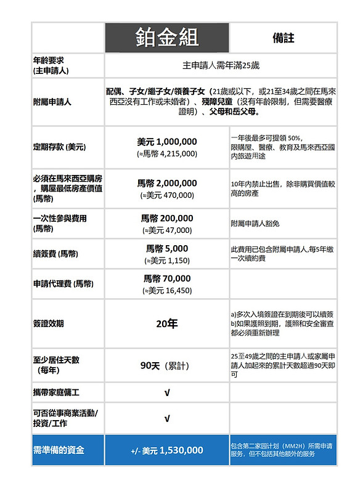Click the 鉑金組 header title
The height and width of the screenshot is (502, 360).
[167, 38]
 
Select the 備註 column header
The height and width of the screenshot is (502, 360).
[283, 38]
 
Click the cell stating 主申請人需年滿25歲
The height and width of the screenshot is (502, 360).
[221, 65]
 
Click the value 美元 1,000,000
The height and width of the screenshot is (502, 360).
[167, 142]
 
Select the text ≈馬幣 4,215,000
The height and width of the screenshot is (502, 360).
[167, 154]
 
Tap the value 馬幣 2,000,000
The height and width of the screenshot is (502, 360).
[167, 183]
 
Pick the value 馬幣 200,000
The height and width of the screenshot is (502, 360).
[167, 218]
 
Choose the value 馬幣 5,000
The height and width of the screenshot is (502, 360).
[167, 249]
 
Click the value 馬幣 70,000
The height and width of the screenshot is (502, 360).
[167, 278]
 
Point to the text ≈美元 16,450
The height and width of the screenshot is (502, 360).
[167, 291]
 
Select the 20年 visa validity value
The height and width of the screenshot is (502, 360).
[167, 324]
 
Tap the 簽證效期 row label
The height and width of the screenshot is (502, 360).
[49, 324]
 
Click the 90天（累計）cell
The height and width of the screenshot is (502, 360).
[167, 365]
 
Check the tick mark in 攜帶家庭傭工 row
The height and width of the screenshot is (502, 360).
[167, 392]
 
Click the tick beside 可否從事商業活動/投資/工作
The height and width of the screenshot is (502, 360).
[167, 418]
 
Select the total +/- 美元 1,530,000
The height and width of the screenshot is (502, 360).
[167, 450]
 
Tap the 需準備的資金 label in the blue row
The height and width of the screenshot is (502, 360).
[59, 450]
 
